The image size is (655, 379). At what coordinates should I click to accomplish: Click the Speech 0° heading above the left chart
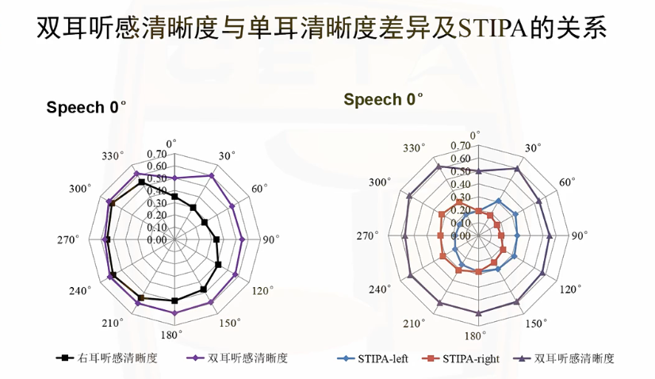(86, 108)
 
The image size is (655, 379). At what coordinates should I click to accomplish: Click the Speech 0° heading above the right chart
(383, 99)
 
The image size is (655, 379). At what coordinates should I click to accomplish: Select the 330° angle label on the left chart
(113, 155)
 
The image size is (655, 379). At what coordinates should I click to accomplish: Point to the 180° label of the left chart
(174, 333)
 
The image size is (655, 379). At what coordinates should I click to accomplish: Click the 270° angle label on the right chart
(368, 236)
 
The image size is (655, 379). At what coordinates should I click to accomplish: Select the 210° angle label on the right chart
(413, 323)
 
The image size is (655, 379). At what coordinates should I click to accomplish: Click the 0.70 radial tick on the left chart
(156, 155)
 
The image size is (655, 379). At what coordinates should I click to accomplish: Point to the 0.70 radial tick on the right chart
(461, 147)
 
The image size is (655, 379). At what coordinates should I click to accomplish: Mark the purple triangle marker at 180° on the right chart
(478, 313)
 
